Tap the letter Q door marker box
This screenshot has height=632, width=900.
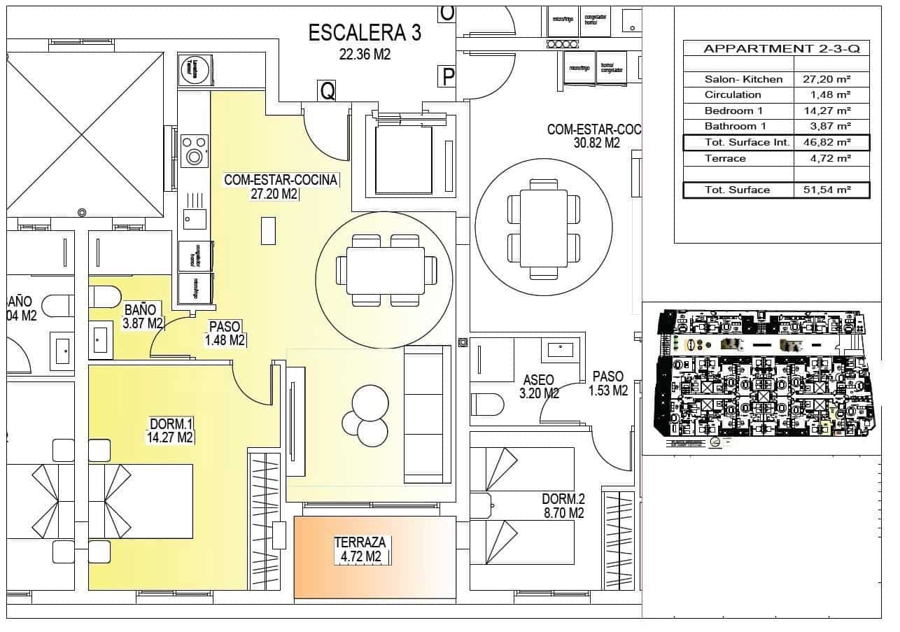pos(326,90)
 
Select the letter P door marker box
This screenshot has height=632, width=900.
pos(447,76)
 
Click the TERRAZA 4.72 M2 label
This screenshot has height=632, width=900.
pos(360,549)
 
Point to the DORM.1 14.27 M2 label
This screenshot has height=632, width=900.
pos(171,430)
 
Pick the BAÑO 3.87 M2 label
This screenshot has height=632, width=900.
pos(142,316)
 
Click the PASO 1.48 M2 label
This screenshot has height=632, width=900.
pos(225,333)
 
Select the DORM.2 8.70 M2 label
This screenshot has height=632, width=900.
pos(563,506)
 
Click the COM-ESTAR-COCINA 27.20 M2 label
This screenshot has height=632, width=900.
pos(281,188)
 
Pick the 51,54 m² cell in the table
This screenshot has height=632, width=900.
pos(831,190)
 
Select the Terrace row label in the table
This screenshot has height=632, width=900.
pos(725,158)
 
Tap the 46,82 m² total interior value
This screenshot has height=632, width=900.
pos(831,143)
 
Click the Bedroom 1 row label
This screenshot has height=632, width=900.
pos(733,111)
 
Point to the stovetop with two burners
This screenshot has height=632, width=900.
pos(194,150)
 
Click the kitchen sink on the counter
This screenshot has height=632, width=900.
pos(194,219)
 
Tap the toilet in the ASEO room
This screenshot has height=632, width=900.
pos(488,405)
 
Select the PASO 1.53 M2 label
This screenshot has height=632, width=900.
pos(607,384)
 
